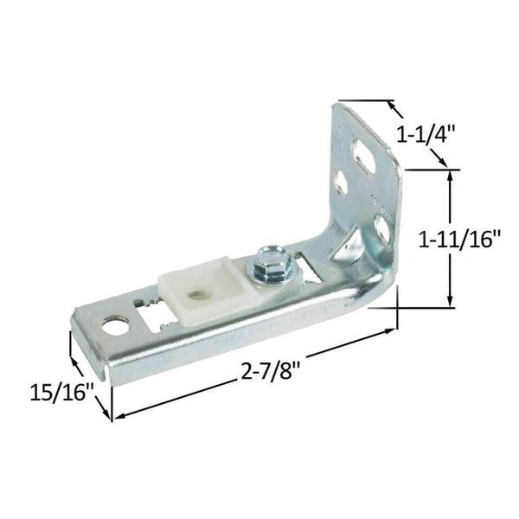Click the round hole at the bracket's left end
coord(114,327)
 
